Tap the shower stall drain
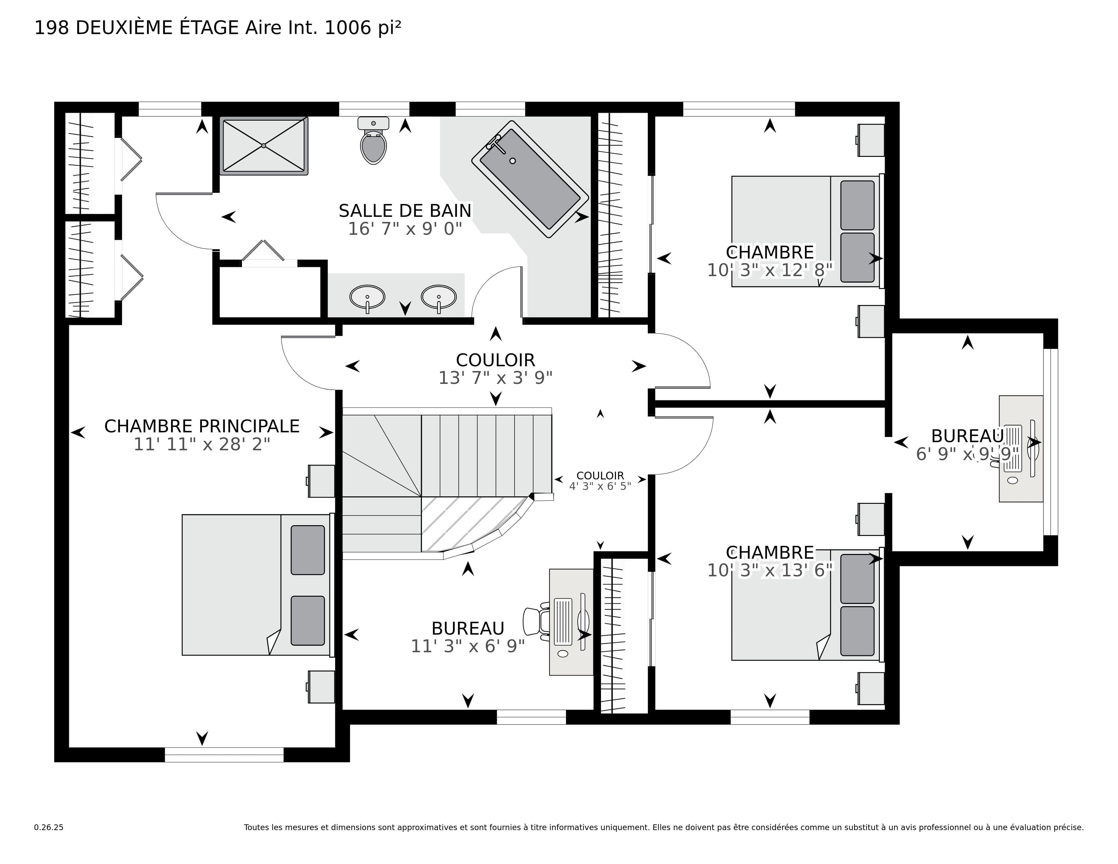click(264, 146)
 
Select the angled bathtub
click(530, 179)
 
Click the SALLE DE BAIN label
click(405, 211)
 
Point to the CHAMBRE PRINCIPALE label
click(202, 426)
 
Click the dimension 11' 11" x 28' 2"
click(202, 444)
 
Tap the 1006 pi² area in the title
click(363, 28)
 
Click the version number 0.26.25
click(49, 827)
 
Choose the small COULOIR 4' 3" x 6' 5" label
click(600, 481)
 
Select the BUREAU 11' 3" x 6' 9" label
click(468, 637)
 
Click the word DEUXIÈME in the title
click(124, 28)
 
